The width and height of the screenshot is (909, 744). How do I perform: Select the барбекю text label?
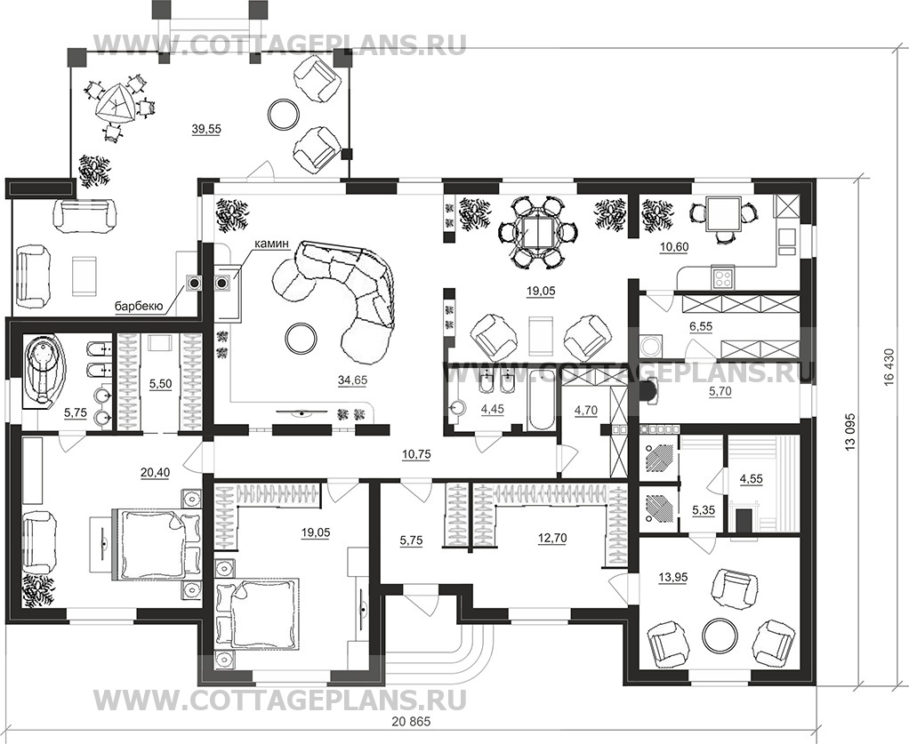pyautogui.click(x=138, y=307)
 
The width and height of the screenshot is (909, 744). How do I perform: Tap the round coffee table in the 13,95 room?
pyautogui.click(x=720, y=635)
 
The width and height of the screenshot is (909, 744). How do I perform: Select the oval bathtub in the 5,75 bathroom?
pyautogui.click(x=41, y=371)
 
